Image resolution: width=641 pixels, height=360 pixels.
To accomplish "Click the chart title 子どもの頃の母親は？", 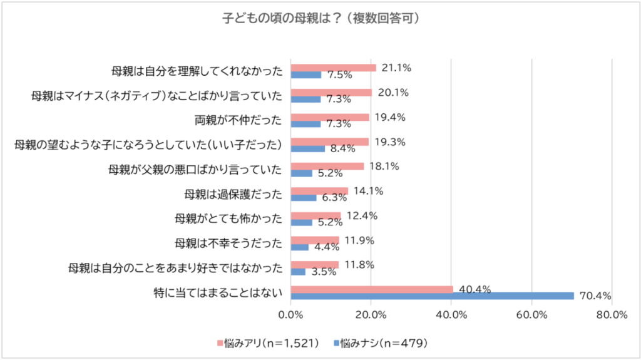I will point(320,18).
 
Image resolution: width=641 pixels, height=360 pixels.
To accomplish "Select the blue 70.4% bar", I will point(433,296).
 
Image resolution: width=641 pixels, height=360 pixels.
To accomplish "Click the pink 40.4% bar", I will point(372,289).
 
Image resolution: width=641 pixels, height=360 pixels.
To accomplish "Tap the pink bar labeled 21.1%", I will point(334,68).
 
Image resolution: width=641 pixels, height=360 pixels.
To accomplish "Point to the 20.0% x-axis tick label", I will point(371,315).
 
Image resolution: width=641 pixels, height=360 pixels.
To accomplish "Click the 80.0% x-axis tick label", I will point(612,315).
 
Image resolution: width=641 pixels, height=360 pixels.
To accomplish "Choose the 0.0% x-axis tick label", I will point(291,315).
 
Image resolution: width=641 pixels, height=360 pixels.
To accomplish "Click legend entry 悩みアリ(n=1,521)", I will point(269,342).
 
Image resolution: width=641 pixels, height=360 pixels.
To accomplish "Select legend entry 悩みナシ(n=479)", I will point(382,342).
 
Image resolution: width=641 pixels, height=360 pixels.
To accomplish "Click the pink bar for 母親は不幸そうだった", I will point(315,240).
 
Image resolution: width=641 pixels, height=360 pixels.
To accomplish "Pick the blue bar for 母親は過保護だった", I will point(304,198).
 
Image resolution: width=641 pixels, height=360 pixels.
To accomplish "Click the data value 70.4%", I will point(596,296).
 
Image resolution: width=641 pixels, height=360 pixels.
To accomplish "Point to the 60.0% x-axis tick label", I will point(531,315).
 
